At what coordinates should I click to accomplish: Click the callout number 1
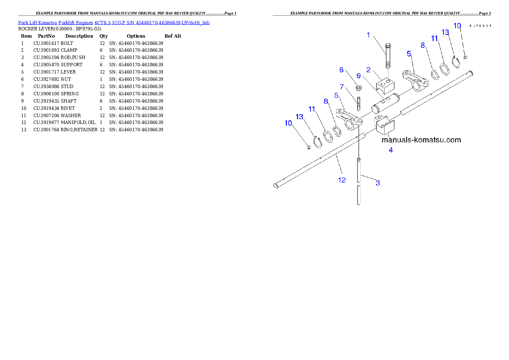pos(368,35)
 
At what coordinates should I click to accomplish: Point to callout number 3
pos(378,183)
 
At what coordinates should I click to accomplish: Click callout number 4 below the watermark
pos(391,150)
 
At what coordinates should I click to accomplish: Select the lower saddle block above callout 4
pos(385,125)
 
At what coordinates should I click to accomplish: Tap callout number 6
pos(341,70)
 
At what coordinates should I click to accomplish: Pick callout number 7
pos(342,87)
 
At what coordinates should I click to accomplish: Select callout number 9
pos(359,76)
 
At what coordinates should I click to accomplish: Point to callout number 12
pos(342,180)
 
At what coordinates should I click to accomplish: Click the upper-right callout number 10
pos(457,26)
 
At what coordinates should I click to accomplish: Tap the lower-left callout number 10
pos(288,123)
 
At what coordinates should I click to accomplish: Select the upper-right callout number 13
pos(445,32)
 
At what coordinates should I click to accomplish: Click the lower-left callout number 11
pos(312,109)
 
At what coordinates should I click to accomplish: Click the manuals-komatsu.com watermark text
pos(421,140)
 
